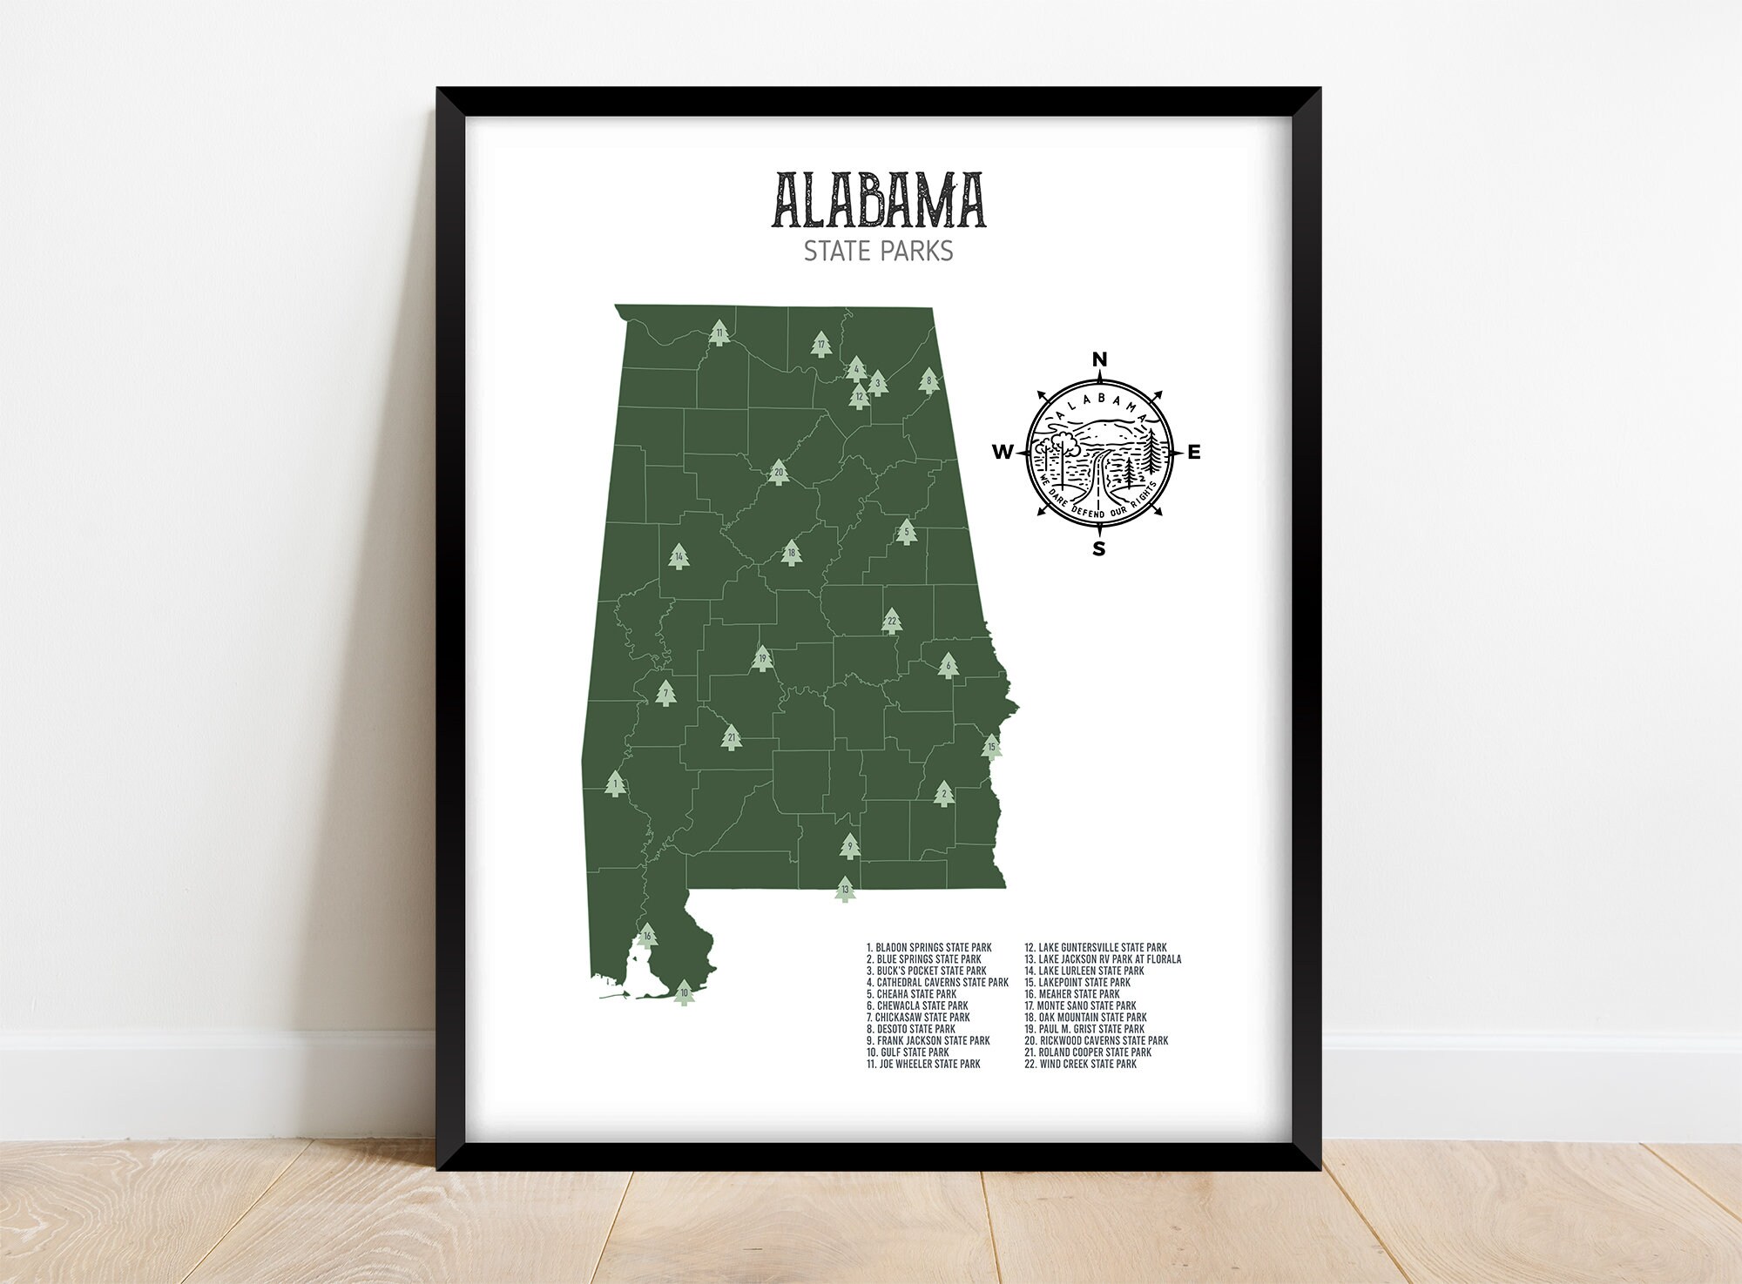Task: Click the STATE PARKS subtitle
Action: pos(878,252)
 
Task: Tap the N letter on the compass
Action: pos(1099,360)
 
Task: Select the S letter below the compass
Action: pos(1099,548)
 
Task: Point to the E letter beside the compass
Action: pos(1194,452)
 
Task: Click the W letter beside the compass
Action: pos(1003,452)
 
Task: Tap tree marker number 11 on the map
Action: pos(719,333)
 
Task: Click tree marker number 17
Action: pos(820,345)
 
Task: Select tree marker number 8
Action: pos(929,380)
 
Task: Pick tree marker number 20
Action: pos(780,474)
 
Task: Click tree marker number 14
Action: pos(679,556)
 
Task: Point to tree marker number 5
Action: pos(906,531)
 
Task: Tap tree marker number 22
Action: pos(891,622)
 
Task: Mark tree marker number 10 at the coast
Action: pos(685,993)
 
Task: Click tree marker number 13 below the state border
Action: pos(844,890)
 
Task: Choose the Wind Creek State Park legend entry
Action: pos(1080,1064)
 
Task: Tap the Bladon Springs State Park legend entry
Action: pos(928,947)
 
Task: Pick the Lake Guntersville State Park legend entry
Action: pos(1095,947)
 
